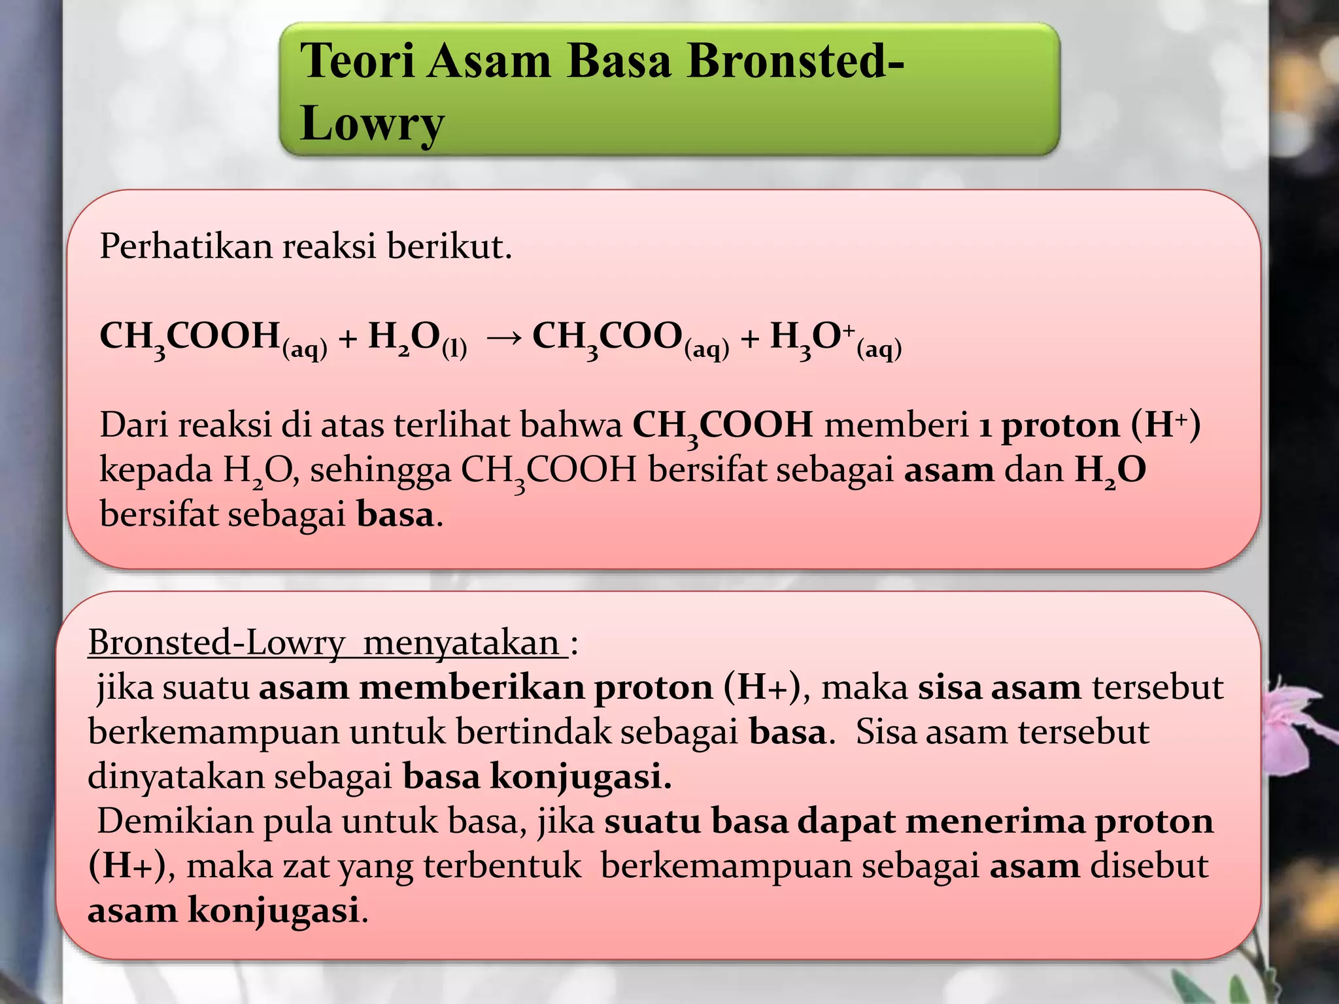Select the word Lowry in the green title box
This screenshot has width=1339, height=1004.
[x=372, y=123]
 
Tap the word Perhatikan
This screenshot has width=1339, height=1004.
[x=186, y=247]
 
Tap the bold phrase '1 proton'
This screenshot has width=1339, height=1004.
[x=1049, y=426]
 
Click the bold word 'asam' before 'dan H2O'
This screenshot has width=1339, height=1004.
[x=949, y=471]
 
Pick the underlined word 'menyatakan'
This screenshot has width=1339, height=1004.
[x=461, y=643]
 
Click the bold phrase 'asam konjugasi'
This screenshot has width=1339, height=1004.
[x=223, y=911]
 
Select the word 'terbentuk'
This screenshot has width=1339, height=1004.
[x=502, y=866]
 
